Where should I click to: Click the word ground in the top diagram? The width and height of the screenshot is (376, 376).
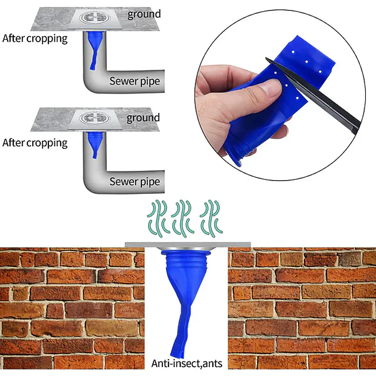pos(144,14)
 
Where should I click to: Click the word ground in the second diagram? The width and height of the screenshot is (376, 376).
pos(143,118)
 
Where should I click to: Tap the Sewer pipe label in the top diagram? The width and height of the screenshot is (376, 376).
pos(135,81)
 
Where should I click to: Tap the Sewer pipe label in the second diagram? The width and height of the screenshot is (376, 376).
pos(135,182)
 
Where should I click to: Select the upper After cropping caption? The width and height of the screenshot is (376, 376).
pos(35,39)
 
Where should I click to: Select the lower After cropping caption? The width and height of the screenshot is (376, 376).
pos(35,143)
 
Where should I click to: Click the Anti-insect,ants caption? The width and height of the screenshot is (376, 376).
pos(187,364)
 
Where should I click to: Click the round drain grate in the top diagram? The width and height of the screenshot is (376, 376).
pos(94,17)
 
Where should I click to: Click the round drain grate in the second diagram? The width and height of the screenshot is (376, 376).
pos(94,118)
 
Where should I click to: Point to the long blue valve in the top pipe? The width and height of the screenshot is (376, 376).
pos(94,49)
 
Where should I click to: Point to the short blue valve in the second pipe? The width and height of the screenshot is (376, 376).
pos(95,144)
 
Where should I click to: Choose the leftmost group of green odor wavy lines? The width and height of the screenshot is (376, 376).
pos(157,219)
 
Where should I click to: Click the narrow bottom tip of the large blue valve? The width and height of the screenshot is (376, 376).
pos(176,354)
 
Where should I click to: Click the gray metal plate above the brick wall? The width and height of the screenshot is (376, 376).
pos(188,244)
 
